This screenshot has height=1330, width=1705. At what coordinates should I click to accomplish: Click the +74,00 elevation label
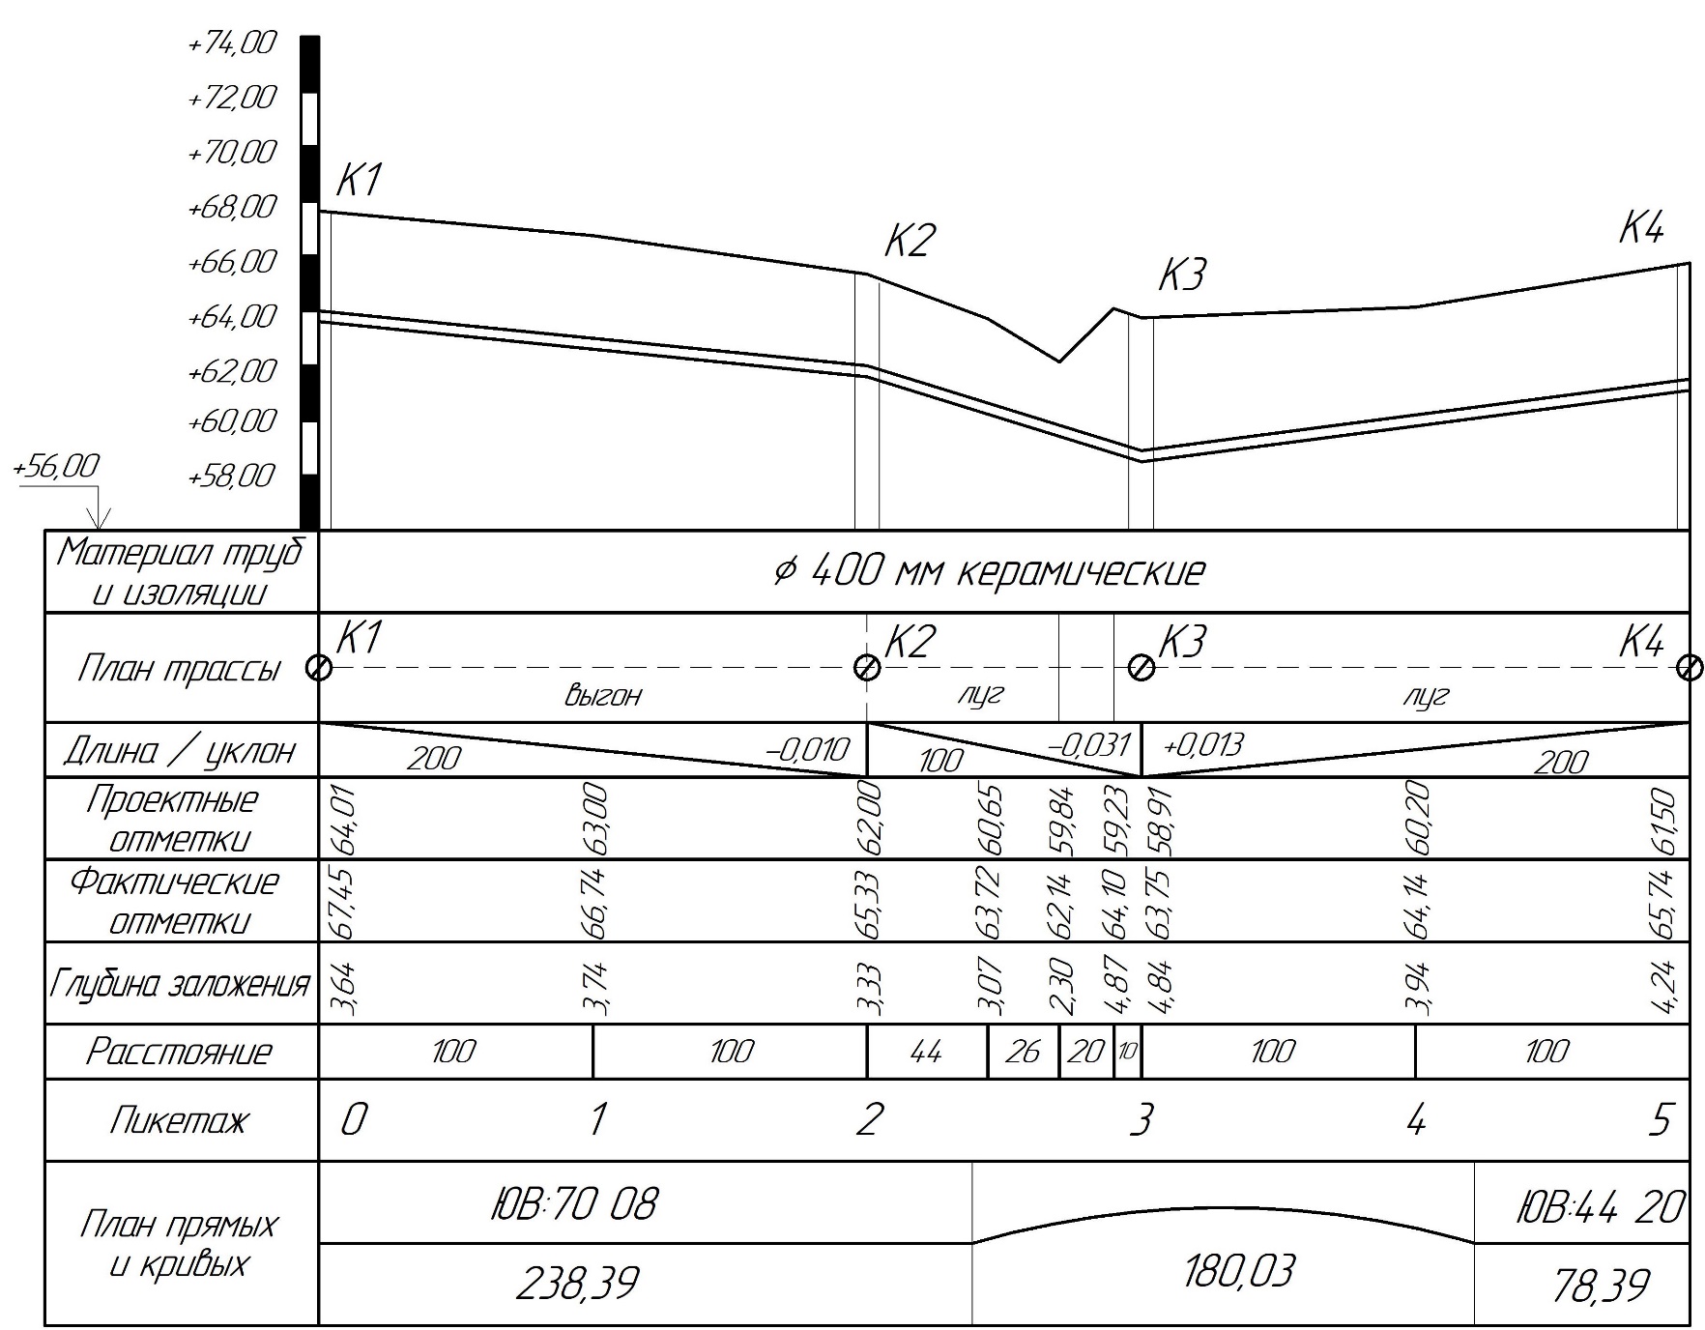[233, 43]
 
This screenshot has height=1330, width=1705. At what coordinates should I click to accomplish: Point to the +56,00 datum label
[56, 467]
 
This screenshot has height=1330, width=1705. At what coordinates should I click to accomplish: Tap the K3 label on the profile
[1182, 275]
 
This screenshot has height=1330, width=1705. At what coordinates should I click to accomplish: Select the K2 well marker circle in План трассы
[867, 668]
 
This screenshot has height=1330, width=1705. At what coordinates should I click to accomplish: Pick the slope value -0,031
[1089, 745]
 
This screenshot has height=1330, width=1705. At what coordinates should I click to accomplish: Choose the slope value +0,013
[1203, 745]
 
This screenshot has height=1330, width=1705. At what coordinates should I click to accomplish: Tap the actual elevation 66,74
[595, 903]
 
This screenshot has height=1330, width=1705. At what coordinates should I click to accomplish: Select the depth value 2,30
[1061, 985]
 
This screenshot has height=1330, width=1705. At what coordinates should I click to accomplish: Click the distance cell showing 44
[926, 1052]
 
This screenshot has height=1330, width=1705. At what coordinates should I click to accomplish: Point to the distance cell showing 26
[1023, 1052]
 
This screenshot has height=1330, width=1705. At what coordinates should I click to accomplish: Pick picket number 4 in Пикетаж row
[1416, 1120]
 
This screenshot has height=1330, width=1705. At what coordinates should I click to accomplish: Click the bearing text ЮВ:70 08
[574, 1204]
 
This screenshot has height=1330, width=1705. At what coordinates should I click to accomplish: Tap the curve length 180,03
[1238, 1272]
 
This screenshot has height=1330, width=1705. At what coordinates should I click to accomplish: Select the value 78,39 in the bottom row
[1601, 1286]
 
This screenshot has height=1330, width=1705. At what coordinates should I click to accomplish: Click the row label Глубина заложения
[180, 984]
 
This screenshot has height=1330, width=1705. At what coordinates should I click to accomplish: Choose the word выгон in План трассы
[603, 695]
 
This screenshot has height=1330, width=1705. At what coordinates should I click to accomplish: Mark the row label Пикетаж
[179, 1120]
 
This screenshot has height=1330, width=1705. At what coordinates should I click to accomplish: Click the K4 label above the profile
[1641, 229]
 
